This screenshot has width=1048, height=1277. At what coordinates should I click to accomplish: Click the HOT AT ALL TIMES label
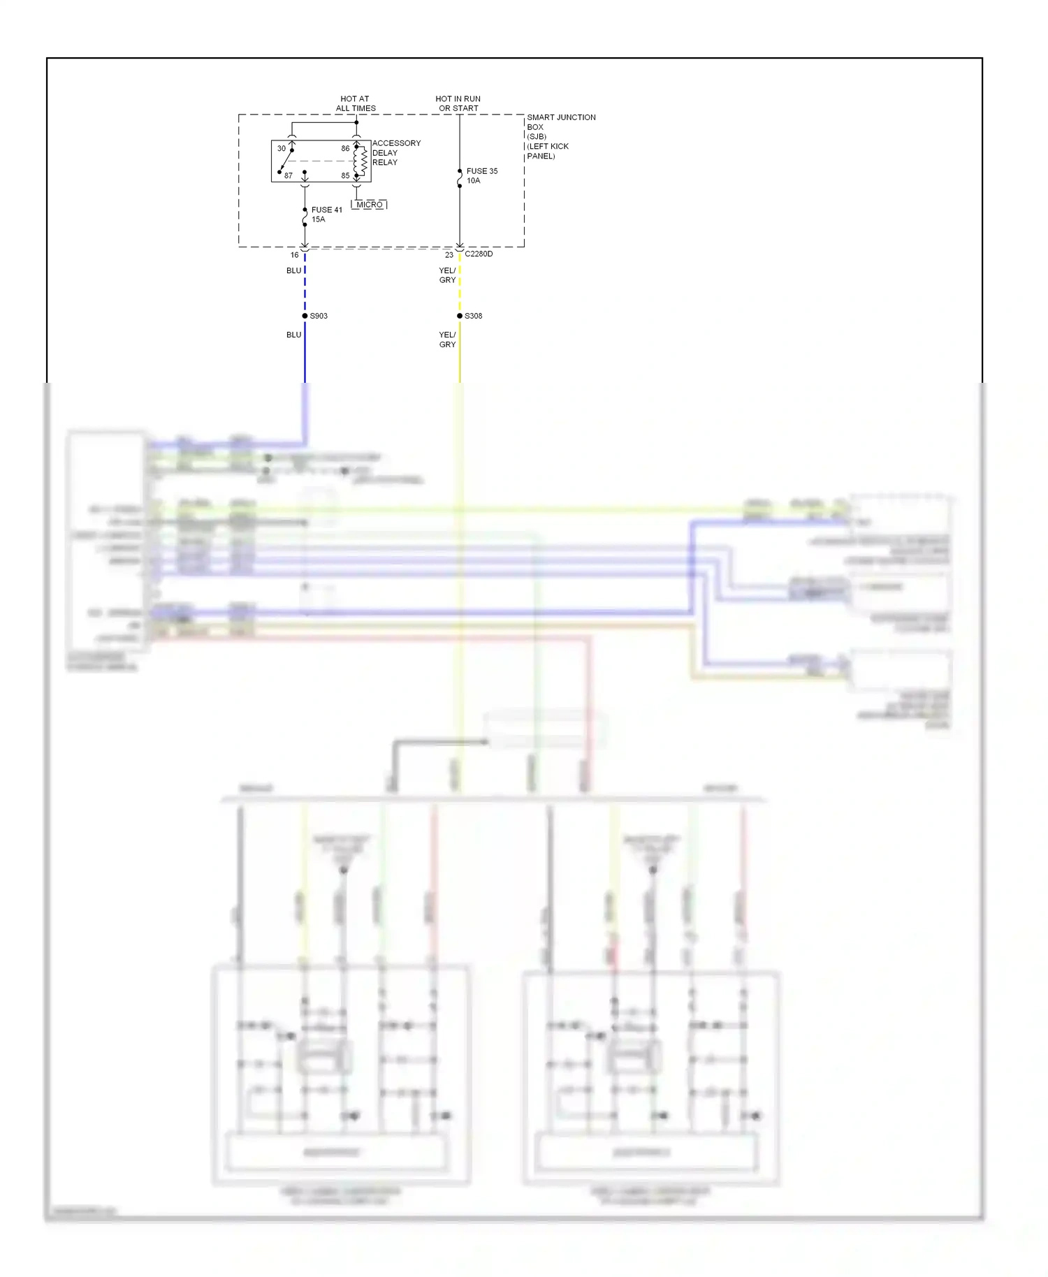pos(355,103)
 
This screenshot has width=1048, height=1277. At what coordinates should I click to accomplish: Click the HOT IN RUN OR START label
pos(458,103)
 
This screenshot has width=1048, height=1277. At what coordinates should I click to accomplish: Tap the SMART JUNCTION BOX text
pos(561,122)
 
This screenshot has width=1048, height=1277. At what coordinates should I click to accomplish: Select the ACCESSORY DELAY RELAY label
pos(396,152)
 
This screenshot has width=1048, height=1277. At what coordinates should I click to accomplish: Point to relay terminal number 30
pos(282,148)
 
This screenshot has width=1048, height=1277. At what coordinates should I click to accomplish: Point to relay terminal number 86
pos(345,148)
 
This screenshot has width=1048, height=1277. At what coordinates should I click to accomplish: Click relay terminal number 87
pos(289,175)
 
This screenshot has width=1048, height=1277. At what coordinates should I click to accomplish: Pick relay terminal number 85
pos(345,175)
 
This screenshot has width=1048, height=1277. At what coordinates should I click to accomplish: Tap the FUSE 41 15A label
pos(326,214)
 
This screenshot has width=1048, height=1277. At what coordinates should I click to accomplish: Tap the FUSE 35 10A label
pos(481,175)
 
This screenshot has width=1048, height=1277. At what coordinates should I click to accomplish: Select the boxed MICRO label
pos(370,205)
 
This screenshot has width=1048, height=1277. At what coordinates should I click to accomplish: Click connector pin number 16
pos(295,255)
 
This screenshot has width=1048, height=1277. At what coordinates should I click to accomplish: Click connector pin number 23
pos(449,255)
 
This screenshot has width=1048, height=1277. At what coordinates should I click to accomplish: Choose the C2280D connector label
pos(479,254)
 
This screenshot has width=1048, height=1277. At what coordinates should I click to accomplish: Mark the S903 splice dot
pos(305,316)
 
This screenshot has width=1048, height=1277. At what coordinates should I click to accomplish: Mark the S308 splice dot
pos(460,316)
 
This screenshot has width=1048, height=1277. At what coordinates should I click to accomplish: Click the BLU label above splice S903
pos(294,270)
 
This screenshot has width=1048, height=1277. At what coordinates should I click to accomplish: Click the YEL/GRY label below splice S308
pos(447,340)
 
